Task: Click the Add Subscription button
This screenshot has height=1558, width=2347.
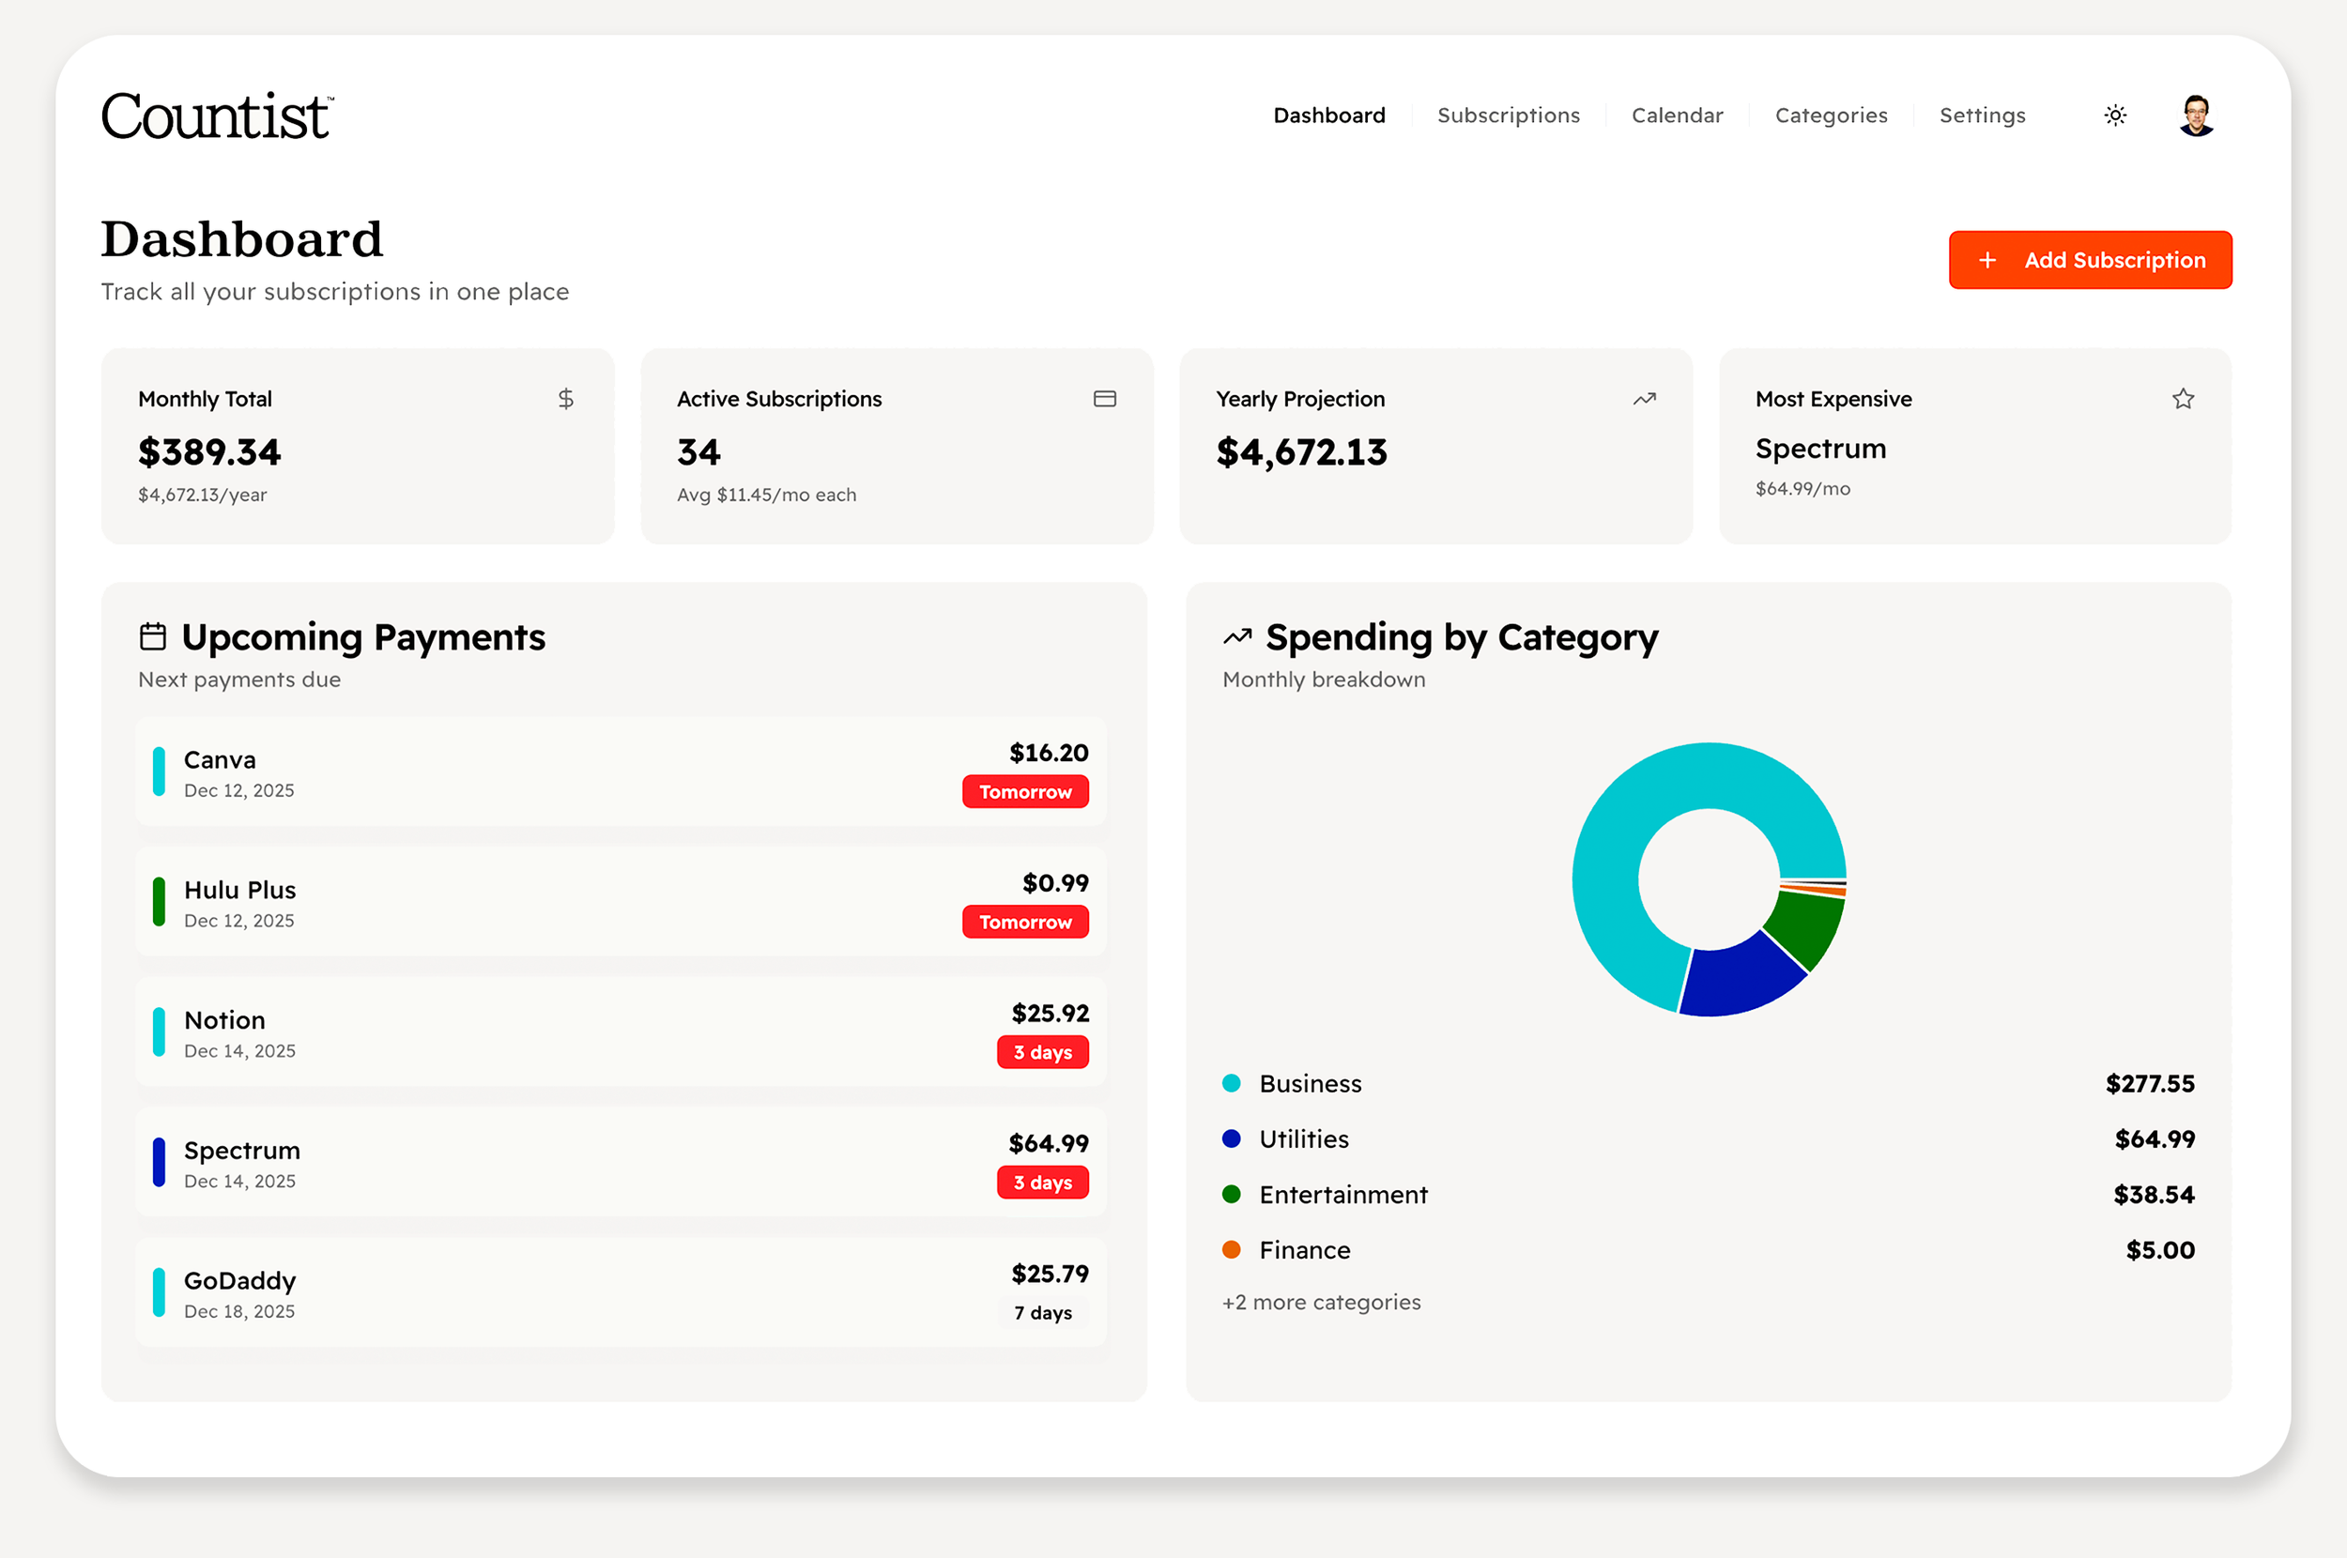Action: (x=2090, y=260)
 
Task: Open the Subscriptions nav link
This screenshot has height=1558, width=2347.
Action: (x=1508, y=115)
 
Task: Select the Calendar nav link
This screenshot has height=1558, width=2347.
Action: (x=1677, y=115)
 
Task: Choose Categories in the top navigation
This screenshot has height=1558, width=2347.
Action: (x=1831, y=115)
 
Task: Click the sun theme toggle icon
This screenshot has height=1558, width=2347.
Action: (x=2115, y=115)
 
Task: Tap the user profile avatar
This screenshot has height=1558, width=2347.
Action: (x=2196, y=115)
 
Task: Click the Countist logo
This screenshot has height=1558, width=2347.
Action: (x=217, y=116)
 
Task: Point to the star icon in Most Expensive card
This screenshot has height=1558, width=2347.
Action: (x=2182, y=399)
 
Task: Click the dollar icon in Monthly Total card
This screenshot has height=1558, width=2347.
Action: (x=565, y=399)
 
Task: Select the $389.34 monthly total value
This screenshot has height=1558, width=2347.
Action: (x=209, y=452)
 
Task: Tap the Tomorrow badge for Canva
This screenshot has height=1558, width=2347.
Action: (x=1024, y=792)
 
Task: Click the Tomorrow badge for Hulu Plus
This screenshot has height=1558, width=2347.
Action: (x=1024, y=922)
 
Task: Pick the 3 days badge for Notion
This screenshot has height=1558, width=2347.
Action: (x=1042, y=1052)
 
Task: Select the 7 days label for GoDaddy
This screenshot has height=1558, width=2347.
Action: (x=1042, y=1313)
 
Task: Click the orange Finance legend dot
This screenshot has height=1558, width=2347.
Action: (x=1231, y=1250)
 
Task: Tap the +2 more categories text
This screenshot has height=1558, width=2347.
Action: (x=1321, y=1302)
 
